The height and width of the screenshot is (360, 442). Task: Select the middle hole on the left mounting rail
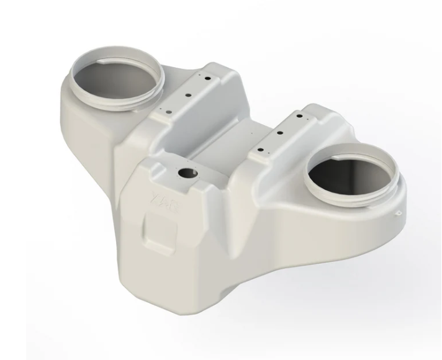(188, 96)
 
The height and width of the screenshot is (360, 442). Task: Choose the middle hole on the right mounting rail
(279, 132)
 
